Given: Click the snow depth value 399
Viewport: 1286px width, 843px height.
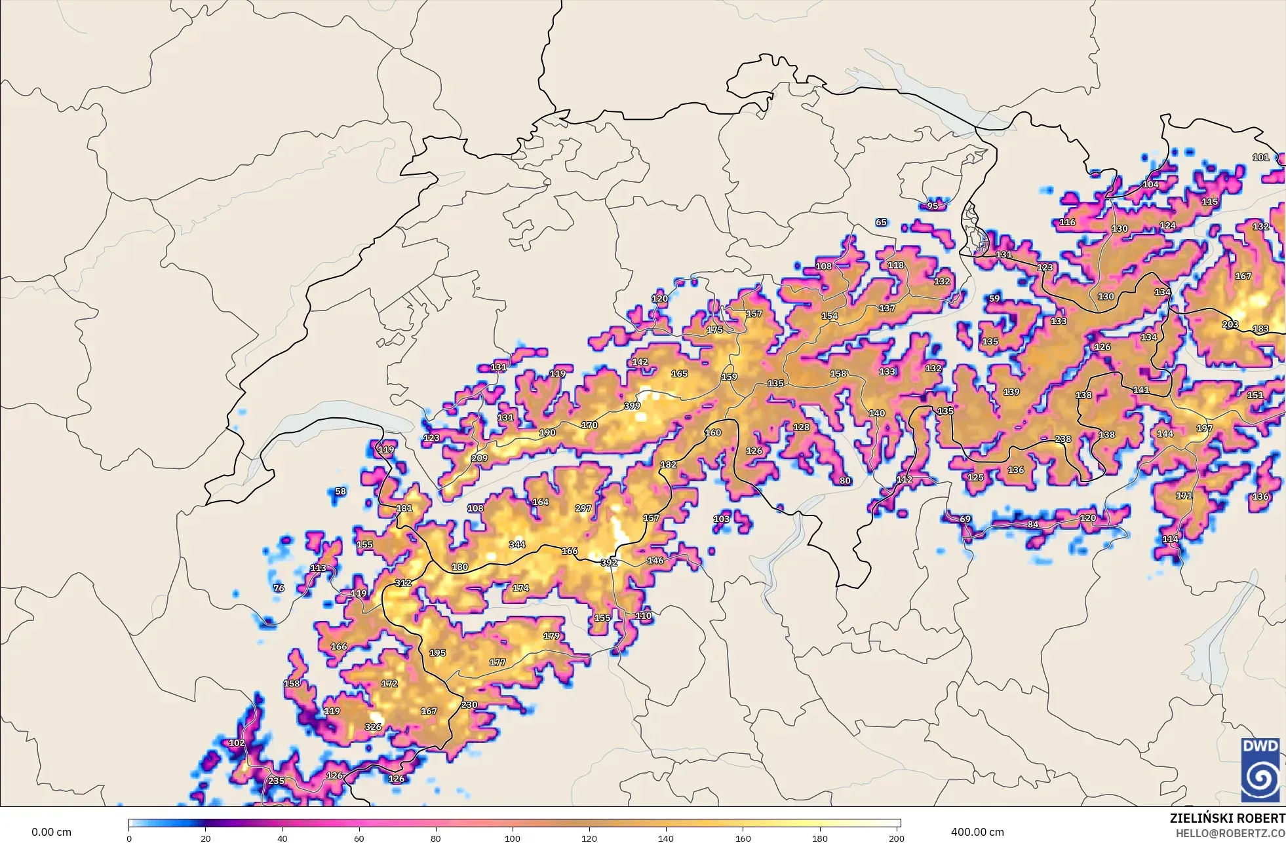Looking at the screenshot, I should (632, 406).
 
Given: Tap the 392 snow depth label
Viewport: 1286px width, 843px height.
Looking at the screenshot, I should (609, 562).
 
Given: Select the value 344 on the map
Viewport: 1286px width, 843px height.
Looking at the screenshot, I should (517, 544).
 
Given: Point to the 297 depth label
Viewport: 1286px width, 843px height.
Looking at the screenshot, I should (583, 508).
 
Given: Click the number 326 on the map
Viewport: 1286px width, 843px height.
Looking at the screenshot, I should (373, 726).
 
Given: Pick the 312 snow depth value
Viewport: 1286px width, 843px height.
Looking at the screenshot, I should (403, 583).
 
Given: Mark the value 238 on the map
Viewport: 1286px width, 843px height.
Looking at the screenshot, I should (1063, 439).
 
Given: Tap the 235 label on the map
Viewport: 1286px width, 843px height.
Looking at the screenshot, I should (277, 781).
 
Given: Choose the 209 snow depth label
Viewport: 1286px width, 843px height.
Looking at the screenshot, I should (479, 458).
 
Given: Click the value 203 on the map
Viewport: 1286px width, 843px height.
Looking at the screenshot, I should (1230, 324).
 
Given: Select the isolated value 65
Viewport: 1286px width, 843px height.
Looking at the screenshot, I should (881, 223).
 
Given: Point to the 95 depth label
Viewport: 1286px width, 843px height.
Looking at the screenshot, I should (932, 206).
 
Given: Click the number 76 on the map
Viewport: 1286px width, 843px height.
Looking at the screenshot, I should (279, 588).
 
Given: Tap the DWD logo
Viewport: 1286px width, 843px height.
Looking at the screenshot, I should (1260, 769).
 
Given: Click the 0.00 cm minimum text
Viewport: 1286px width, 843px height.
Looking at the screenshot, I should (51, 833).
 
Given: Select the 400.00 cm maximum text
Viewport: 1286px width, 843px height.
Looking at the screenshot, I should (977, 833).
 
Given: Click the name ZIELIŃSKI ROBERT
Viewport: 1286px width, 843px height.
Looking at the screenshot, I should (1227, 818).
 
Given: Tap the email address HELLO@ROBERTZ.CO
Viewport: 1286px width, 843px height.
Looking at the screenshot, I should (1230, 833).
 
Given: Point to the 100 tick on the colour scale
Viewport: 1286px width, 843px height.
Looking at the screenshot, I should (513, 838).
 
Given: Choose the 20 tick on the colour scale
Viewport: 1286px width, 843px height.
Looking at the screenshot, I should (206, 838).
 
